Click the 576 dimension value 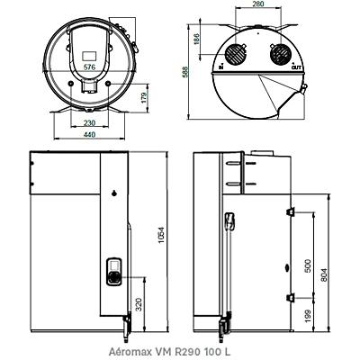pyautogui.click(x=89, y=67)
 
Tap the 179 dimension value pyautogui.click(x=145, y=98)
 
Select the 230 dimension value pyautogui.click(x=89, y=122)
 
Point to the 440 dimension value pyautogui.click(x=89, y=134)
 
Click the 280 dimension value pyautogui.click(x=257, y=4)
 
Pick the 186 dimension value pyautogui.click(x=196, y=40)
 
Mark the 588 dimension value pyautogui.click(x=184, y=72)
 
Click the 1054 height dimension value pyautogui.click(x=162, y=236)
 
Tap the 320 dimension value pyautogui.click(x=139, y=305)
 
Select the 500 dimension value pyautogui.click(x=308, y=265)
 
